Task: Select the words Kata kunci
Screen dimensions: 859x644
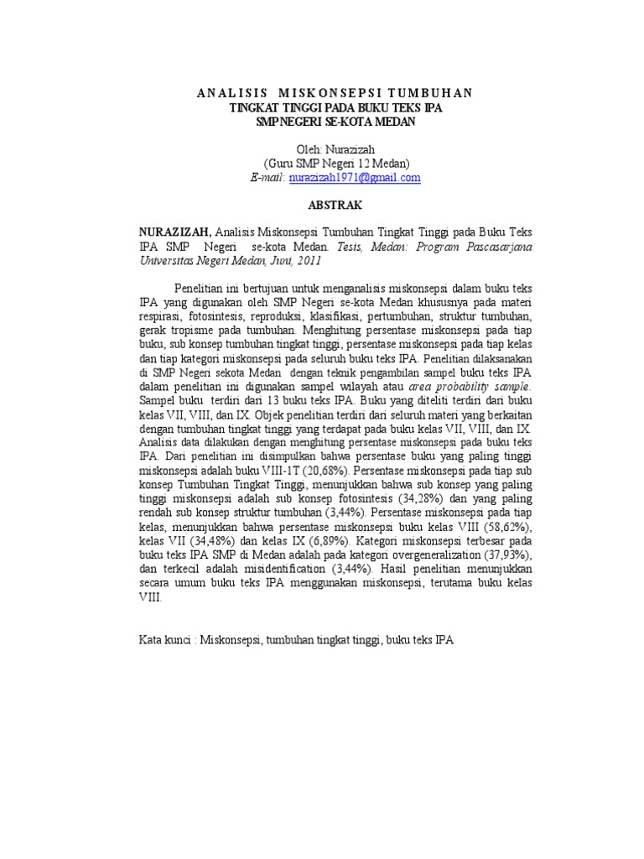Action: coord(164,640)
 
